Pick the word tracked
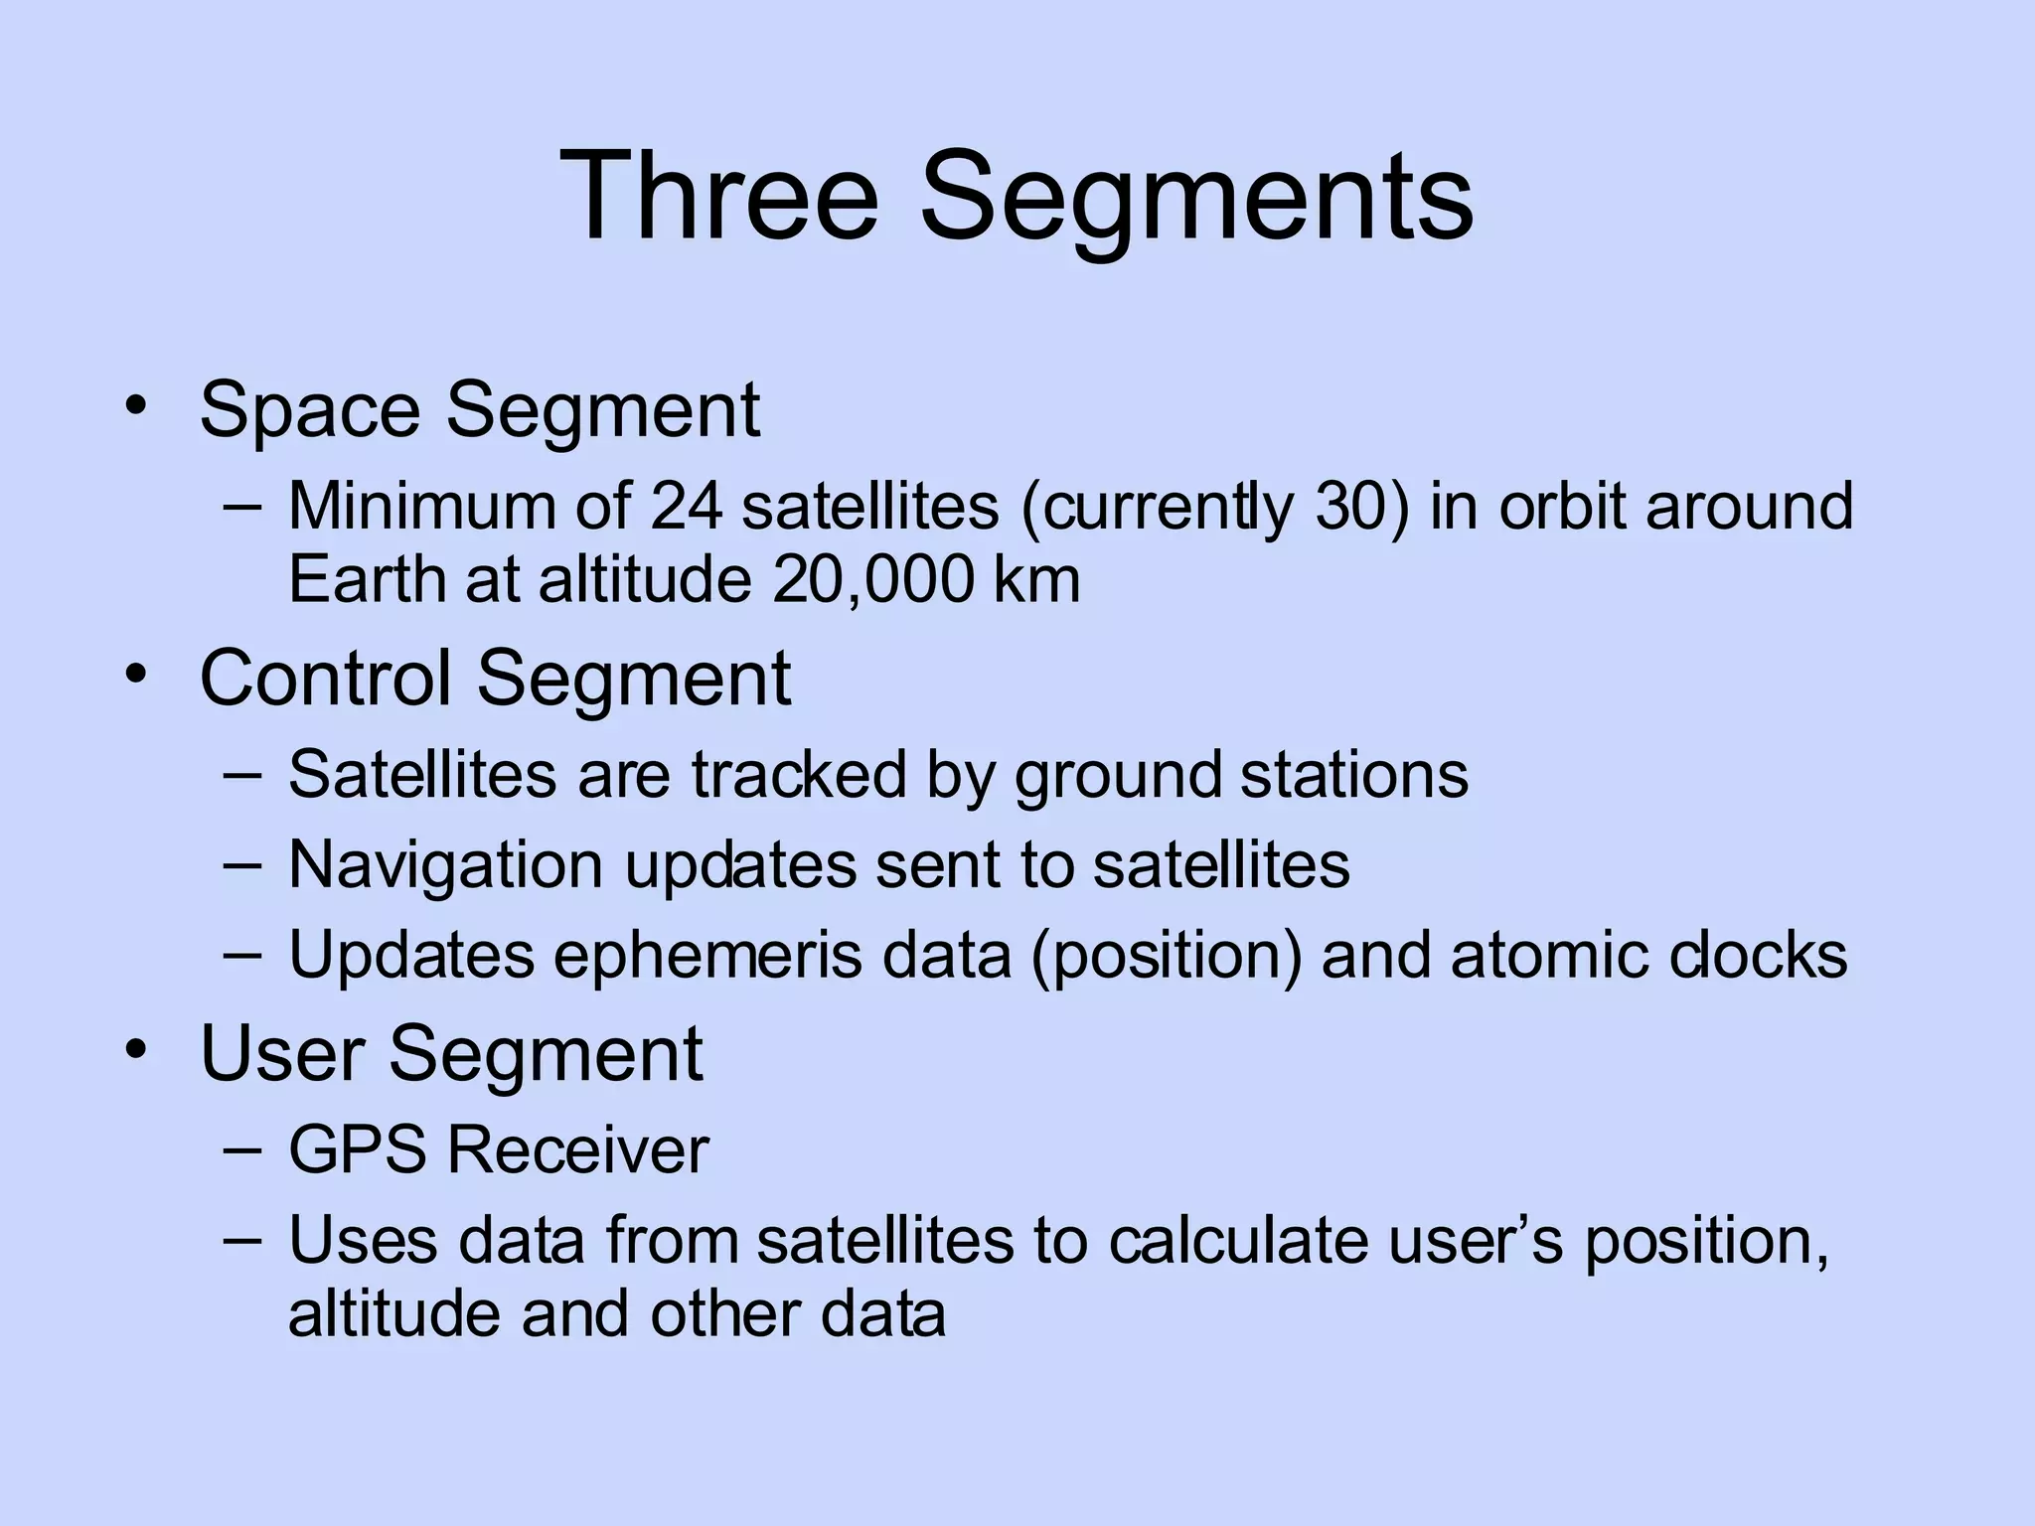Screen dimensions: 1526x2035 [799, 775]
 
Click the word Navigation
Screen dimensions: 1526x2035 [445, 865]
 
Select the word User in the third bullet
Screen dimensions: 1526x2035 [284, 1053]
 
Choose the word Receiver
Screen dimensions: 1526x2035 [577, 1150]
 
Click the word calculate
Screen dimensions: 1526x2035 [1238, 1241]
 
